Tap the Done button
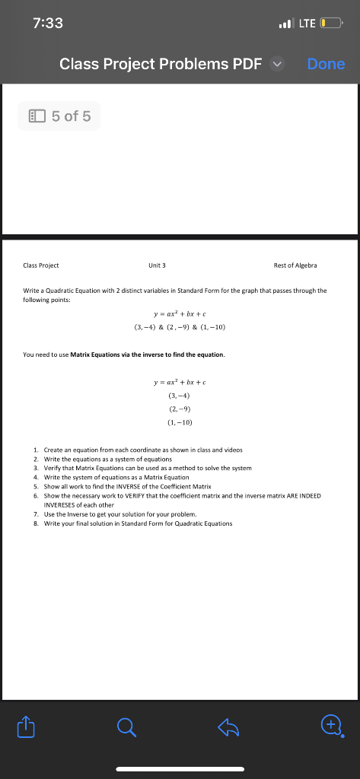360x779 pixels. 326,64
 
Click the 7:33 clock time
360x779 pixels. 48,23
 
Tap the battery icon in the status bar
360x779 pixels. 333,24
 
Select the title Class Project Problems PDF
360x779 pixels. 160,64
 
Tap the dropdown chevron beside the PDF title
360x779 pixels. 278,64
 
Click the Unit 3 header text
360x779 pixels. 158,265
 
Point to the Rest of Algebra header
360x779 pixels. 295,265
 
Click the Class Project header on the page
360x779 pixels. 42,265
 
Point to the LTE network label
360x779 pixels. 307,24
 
